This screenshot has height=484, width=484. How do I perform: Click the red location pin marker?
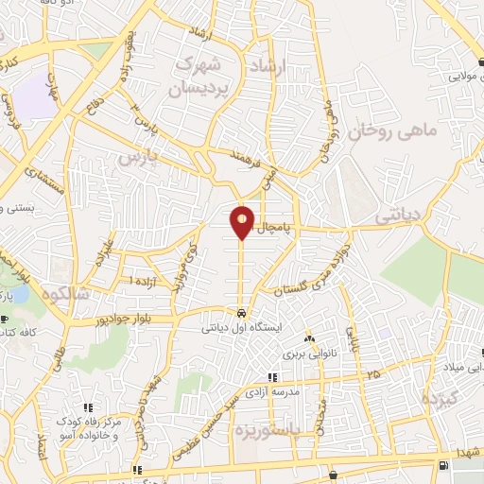242,221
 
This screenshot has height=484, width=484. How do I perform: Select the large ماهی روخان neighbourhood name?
392,131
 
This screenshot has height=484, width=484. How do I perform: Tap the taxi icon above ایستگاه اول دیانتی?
242,313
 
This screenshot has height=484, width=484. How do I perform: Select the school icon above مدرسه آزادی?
272,377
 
